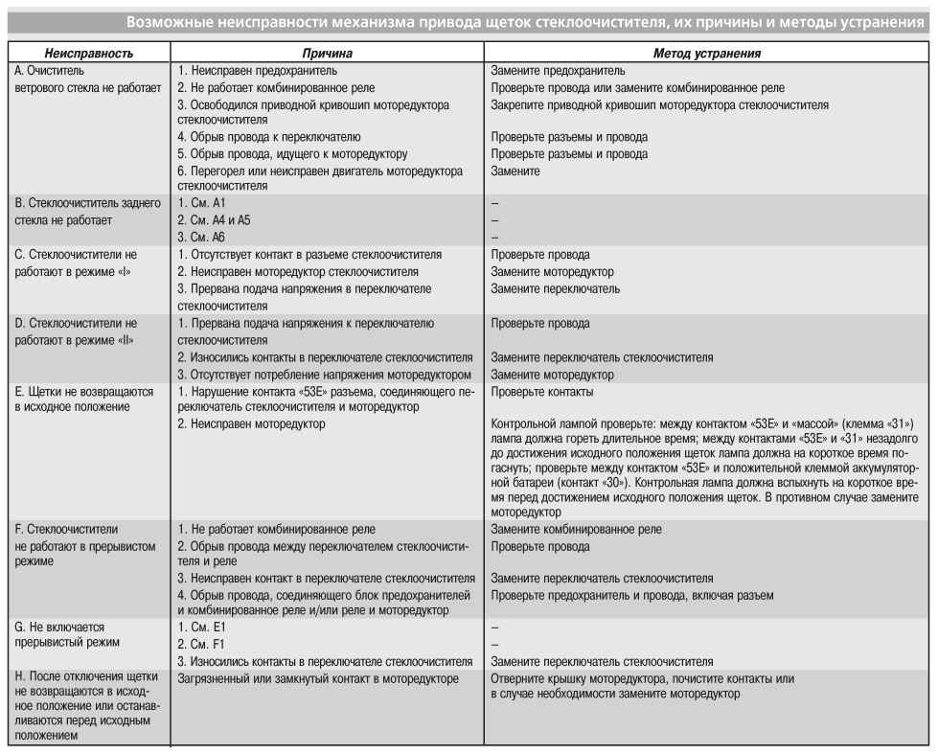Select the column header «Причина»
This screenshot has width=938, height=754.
pyautogui.click(x=324, y=55)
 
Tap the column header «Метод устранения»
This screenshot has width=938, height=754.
pyautogui.click(x=708, y=55)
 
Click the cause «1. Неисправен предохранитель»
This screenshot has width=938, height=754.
pyautogui.click(x=257, y=71)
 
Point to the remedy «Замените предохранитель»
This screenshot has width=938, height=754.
pyautogui.click(x=558, y=71)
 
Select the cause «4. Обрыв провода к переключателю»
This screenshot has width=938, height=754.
pyautogui.click(x=269, y=137)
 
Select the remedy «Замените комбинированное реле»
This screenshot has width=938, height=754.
pyautogui.click(x=576, y=529)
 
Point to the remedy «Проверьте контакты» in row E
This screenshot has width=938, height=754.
pyautogui.click(x=541, y=392)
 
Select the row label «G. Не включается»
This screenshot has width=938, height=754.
pyautogui.click(x=64, y=628)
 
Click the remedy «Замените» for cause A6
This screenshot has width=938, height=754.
pyautogui.click(x=515, y=171)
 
